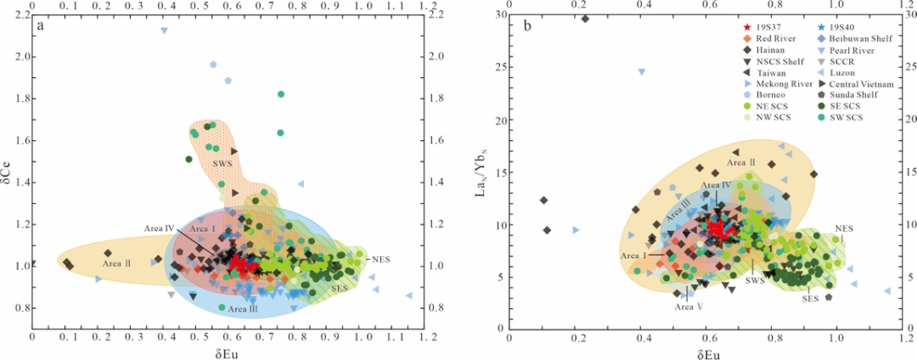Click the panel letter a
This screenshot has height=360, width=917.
40,25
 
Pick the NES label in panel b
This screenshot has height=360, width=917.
844,228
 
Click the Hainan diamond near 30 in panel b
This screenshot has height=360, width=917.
584,18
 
